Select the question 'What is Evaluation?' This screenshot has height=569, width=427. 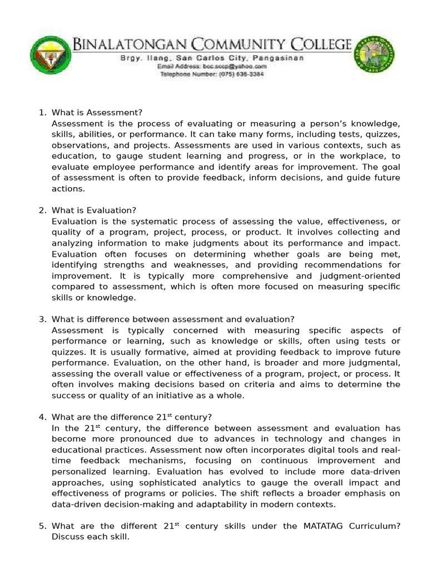[x=93, y=211]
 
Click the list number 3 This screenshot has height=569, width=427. [x=42, y=319]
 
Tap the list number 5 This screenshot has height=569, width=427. [x=42, y=526]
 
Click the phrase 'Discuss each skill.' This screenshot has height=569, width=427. [x=90, y=537]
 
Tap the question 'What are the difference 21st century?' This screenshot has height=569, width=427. [x=132, y=417]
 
